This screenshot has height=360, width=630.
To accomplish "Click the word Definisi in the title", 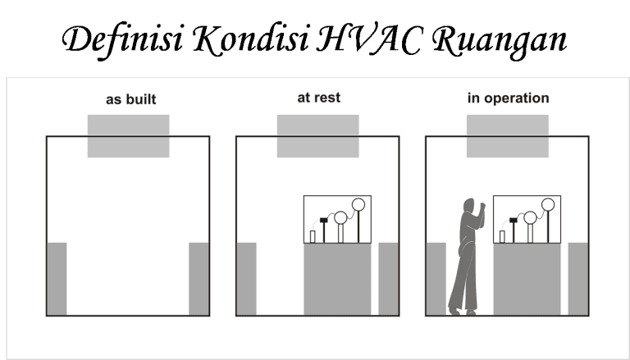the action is click(x=122, y=39).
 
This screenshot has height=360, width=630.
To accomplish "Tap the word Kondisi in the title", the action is click(x=251, y=39).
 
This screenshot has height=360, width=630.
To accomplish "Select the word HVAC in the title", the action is click(x=368, y=39).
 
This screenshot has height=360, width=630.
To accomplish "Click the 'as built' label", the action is click(x=131, y=99).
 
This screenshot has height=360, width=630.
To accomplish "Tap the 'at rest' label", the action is click(x=318, y=98).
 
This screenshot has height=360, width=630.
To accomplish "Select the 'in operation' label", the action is click(x=508, y=98).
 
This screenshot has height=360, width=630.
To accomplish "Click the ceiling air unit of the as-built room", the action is click(x=129, y=136).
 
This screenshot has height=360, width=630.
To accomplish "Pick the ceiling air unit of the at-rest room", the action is click(x=317, y=136).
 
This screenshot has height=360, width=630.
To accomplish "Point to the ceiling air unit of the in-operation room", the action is click(x=508, y=136).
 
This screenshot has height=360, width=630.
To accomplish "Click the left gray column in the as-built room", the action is click(x=57, y=279).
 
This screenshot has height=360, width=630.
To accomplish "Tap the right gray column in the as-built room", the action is click(x=199, y=279).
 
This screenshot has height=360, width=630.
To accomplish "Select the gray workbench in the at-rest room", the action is click(x=337, y=280).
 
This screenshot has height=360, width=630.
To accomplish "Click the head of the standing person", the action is click(x=469, y=205).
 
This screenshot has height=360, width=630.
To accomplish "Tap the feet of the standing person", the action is click(x=463, y=312).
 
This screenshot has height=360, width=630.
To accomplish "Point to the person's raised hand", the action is click(x=482, y=206).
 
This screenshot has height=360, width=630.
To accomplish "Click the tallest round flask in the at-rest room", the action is click(x=358, y=204).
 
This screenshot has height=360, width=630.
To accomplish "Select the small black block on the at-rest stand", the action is click(x=324, y=220).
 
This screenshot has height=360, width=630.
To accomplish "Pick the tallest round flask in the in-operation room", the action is click(x=548, y=204).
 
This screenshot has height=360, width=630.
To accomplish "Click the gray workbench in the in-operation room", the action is click(x=527, y=280).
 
